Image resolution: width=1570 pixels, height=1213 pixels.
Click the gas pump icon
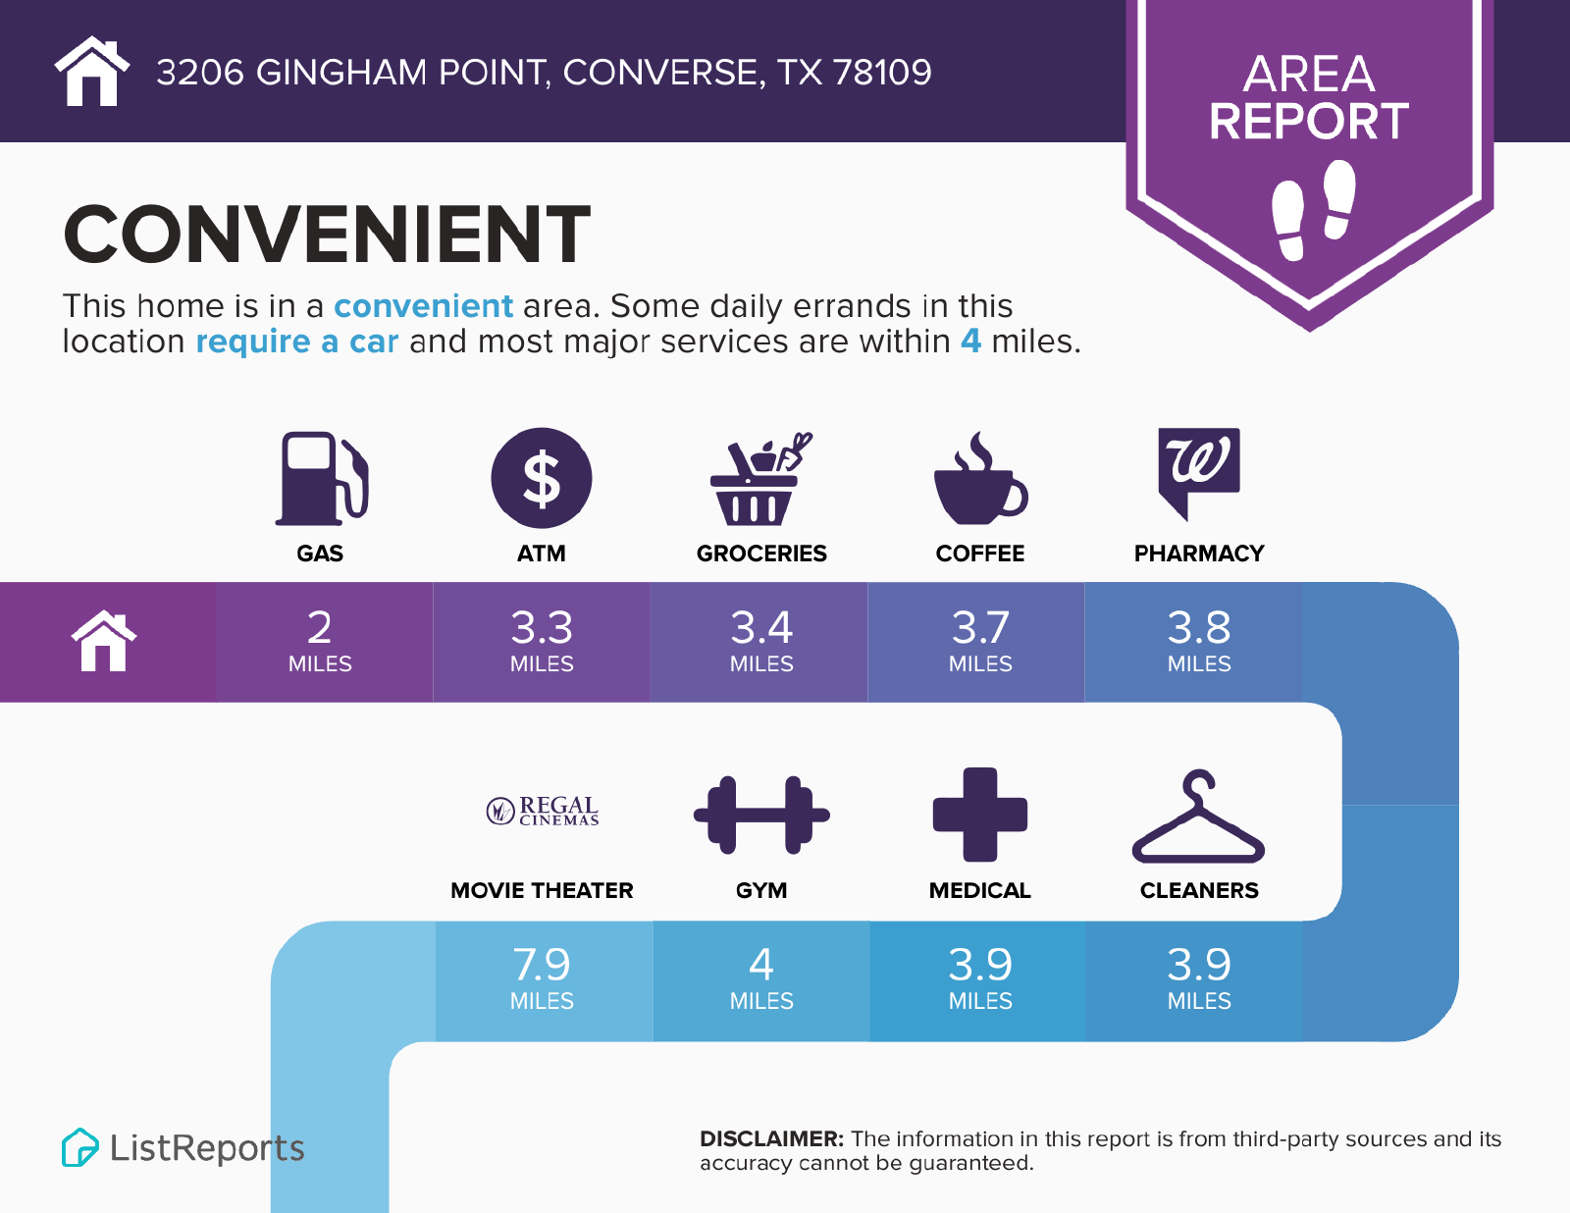pos(322,478)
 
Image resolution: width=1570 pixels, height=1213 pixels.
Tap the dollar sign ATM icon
pos(541,478)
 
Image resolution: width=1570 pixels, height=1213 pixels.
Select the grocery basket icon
pos(760,478)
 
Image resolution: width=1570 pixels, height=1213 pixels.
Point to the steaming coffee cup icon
pos(980,478)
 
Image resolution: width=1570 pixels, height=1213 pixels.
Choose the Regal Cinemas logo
pos(543,811)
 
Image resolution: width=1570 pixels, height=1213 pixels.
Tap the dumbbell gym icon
pos(761,815)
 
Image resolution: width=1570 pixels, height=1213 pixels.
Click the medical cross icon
pos(979,815)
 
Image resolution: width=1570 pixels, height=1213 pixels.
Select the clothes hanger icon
pos(1199,817)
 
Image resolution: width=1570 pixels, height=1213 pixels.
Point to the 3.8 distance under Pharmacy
pos(1199,627)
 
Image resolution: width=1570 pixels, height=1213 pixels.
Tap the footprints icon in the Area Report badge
pos(1314,209)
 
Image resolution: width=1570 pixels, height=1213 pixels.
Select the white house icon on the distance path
pos(104,641)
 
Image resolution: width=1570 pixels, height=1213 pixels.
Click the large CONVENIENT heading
pos(327,235)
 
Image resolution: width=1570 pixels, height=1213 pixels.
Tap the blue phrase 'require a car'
pos(297,341)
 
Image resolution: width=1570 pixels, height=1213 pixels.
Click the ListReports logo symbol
pos(79,1147)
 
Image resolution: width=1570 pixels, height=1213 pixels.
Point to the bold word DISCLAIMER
pos(771,1138)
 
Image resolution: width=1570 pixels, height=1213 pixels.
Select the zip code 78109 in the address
pos(882,73)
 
